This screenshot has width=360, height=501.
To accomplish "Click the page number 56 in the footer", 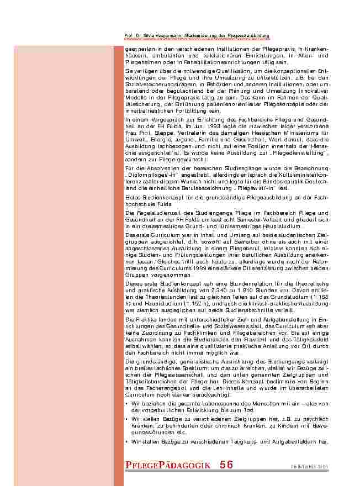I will [226, 465].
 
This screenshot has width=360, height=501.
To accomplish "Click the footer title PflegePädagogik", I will [168, 466].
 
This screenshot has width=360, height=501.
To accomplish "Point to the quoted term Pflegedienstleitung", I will [303, 146].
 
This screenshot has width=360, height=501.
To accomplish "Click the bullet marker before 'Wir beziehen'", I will [127, 404].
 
